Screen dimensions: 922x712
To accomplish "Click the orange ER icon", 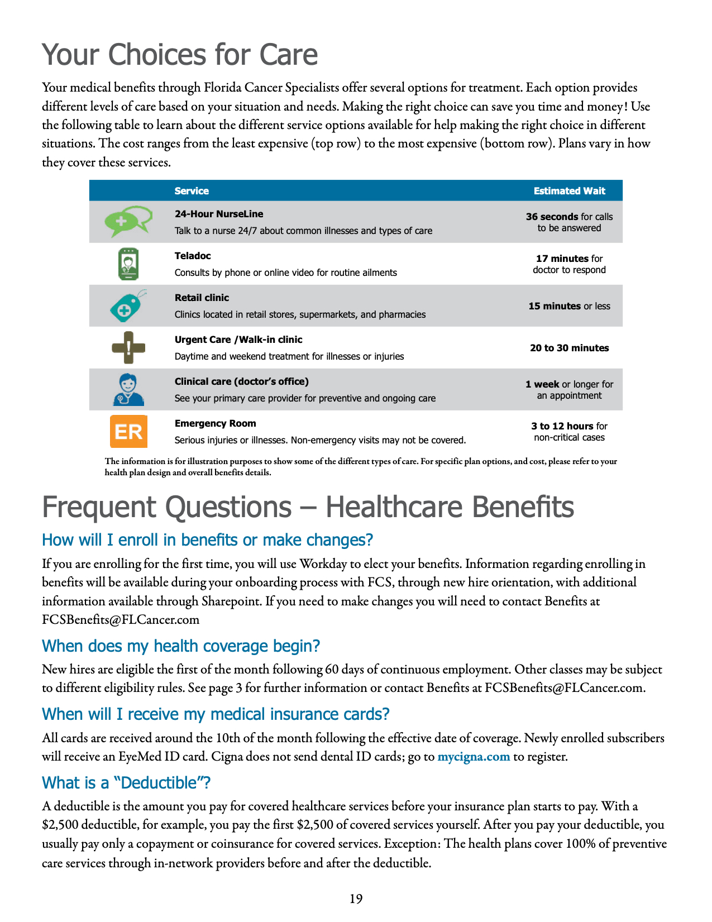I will [128, 431].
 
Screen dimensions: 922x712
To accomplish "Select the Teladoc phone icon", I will [128, 264].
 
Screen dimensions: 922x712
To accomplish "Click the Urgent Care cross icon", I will [128, 347].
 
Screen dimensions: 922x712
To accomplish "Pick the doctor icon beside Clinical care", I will [128, 389].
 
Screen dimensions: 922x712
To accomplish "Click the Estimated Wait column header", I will [569, 191].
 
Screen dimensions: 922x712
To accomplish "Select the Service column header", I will [192, 191].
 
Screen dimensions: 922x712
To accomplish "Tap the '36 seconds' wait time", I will [552, 217].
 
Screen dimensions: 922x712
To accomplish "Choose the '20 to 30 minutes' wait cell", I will [569, 348].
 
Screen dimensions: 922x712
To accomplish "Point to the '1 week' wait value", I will [542, 384].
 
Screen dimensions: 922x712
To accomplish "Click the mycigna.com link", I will [474, 757].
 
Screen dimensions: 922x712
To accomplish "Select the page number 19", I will [356, 899].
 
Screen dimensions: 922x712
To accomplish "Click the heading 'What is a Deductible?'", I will [126, 783].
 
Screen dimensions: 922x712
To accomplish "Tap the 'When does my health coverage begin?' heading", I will [181, 646].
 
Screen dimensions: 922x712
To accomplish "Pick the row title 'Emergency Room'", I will [215, 423].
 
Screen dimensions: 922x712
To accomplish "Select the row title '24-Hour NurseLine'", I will [218, 214].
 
